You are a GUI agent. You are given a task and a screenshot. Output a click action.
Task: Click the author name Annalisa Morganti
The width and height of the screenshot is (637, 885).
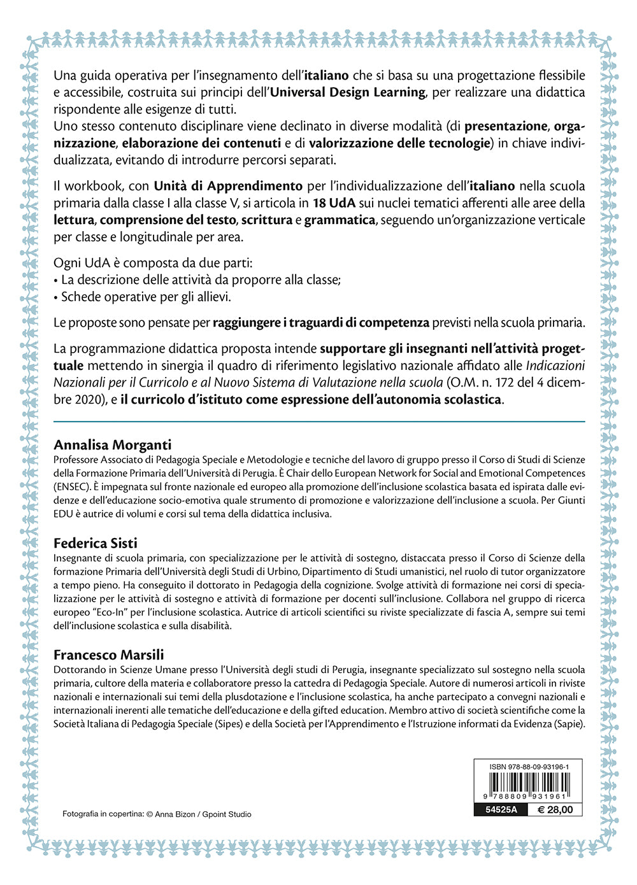(x=112, y=445)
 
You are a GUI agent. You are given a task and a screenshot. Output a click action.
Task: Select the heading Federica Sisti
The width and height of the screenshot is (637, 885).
(x=95, y=543)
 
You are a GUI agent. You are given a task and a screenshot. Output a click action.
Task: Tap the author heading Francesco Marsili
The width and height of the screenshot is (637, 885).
(x=108, y=655)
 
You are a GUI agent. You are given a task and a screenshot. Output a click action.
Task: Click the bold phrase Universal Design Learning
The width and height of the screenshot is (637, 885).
(x=348, y=92)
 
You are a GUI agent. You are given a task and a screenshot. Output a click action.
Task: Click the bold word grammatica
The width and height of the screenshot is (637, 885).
(x=340, y=220)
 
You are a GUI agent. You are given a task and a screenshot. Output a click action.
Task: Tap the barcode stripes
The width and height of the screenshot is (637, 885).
(x=528, y=782)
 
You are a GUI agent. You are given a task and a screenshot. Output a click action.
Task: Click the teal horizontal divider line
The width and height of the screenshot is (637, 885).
(x=318, y=421)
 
